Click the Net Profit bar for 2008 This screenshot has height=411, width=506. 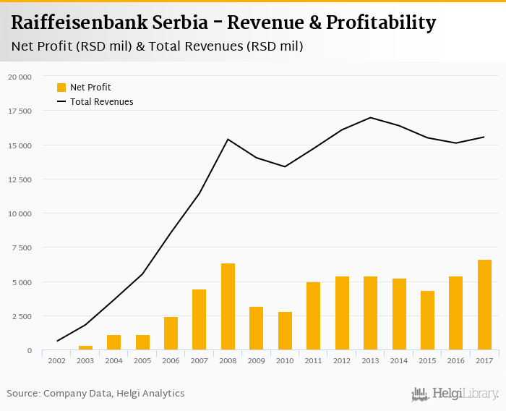coord(228,307)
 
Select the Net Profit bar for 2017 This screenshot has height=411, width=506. coord(484,305)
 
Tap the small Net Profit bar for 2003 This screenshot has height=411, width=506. coord(85,348)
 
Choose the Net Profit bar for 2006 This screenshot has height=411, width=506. coord(171,333)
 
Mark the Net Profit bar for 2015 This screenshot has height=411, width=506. coord(427,321)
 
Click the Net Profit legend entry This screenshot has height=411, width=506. coord(90,87)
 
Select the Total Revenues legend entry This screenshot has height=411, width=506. coord(101,102)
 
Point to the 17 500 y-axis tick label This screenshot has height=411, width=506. coord(20,111)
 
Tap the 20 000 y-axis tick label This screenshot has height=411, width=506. coord(20,77)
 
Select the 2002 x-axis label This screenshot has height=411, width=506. coord(57,360)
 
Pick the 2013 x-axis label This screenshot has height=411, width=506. coord(370,360)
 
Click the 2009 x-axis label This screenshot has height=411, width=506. coord(257,360)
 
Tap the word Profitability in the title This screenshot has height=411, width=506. coord(381,23)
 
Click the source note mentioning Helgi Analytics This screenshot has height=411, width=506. coord(96,394)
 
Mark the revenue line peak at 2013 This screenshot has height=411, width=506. coord(370,117)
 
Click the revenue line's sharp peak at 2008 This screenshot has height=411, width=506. coord(228,139)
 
